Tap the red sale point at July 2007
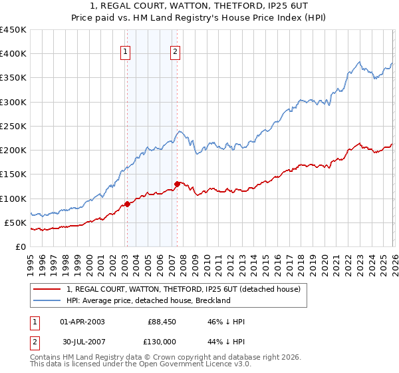click(x=177, y=184)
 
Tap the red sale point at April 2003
click(x=126, y=204)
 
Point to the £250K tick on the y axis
click(x=13, y=126)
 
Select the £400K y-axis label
click(x=13, y=54)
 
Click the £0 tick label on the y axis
click(x=20, y=246)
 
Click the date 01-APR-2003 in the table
click(x=82, y=322)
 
